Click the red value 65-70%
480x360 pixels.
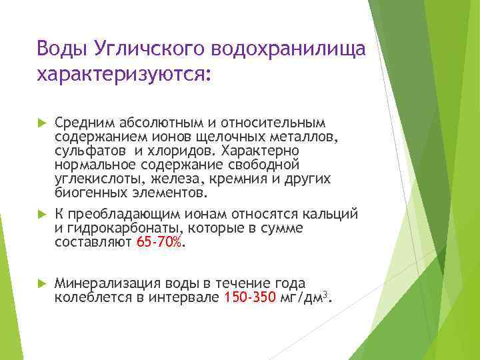159,243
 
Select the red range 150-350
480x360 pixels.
250,297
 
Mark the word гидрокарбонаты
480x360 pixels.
117,228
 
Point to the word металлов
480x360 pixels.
309,137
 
